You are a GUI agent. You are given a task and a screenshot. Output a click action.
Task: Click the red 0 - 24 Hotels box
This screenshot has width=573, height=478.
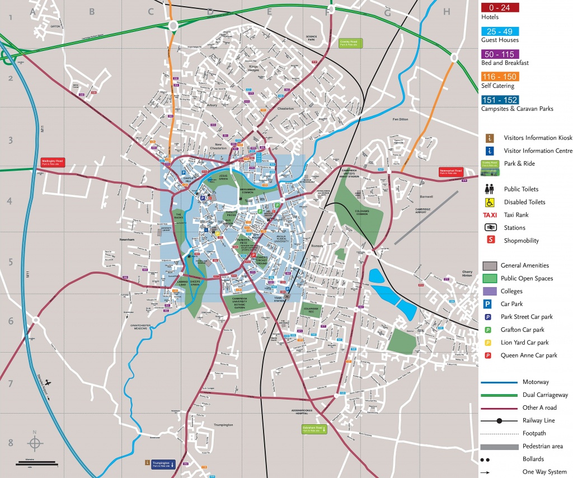coord(500,8)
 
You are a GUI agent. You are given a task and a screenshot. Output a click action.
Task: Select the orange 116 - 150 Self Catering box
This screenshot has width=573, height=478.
coord(500,77)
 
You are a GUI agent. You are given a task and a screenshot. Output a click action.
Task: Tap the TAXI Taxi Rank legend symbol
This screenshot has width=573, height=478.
coord(490,215)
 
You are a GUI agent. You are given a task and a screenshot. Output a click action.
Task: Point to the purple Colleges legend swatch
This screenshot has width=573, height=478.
coord(490,291)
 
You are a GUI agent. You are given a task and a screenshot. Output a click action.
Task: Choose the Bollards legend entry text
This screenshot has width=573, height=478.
coord(533,459)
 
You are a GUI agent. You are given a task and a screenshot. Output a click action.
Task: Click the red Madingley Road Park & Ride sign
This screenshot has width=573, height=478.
coord(53,162)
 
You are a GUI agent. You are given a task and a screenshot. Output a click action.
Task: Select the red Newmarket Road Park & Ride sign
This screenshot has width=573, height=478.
coord(450,171)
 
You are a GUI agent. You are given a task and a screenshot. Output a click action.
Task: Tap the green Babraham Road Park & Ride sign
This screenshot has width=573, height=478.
coord(312,429)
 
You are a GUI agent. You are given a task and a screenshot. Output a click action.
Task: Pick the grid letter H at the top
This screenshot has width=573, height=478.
coord(446,11)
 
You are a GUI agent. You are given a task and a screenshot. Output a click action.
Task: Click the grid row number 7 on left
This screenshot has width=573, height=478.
coord(10,384)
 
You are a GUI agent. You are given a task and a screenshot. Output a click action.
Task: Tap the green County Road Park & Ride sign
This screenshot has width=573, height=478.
coord(352,43)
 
